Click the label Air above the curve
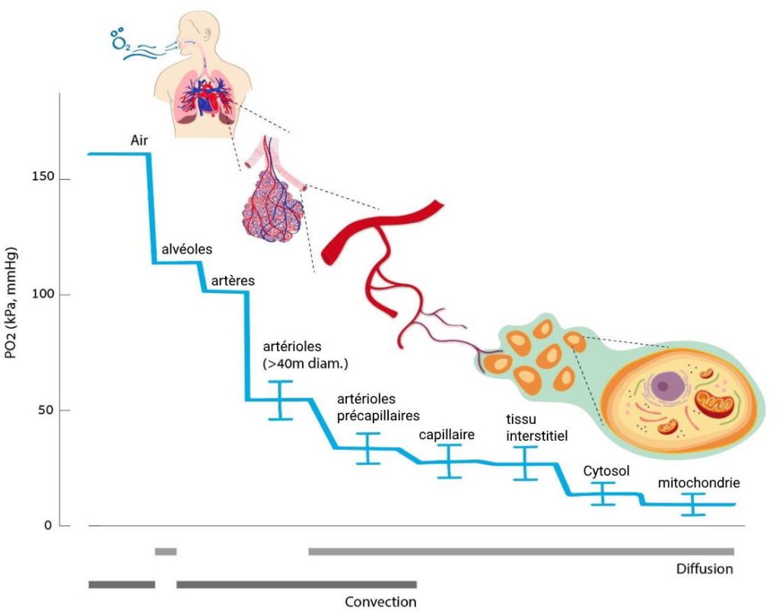pos(139,140)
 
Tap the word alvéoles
pos(187,249)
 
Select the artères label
pos(233,281)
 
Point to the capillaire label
pos(447,435)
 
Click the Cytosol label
pos(606,471)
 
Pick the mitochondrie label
pos(699,483)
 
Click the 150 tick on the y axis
pos(43,177)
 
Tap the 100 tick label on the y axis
pos(43,293)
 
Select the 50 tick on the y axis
pos(47,410)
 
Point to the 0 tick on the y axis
pos(48,525)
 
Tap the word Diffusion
pos(704,569)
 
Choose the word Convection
pos(380,601)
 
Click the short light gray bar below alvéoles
pos(165,551)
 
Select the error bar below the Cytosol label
pos(603,494)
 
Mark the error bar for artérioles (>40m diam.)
pos(280,400)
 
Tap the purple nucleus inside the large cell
pos(663,386)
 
